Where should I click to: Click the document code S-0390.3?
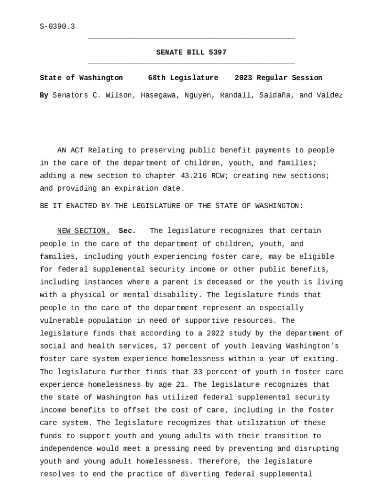[57, 27]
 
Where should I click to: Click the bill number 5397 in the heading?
[218, 52]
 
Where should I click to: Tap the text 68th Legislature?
[183, 78]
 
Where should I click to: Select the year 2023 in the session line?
[243, 78]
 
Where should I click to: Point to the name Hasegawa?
[158, 95]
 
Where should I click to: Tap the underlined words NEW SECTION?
[84, 231]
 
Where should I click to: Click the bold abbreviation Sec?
[127, 231]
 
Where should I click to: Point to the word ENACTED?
[79, 206]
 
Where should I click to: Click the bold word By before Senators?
[44, 95]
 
